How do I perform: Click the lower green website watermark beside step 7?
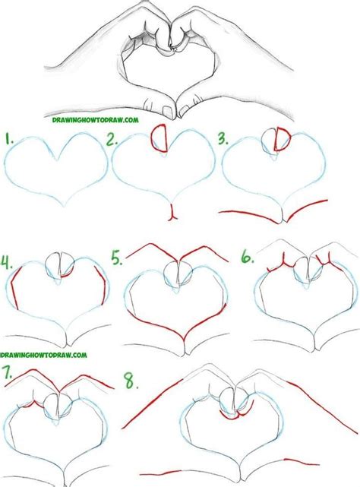(43, 354)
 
